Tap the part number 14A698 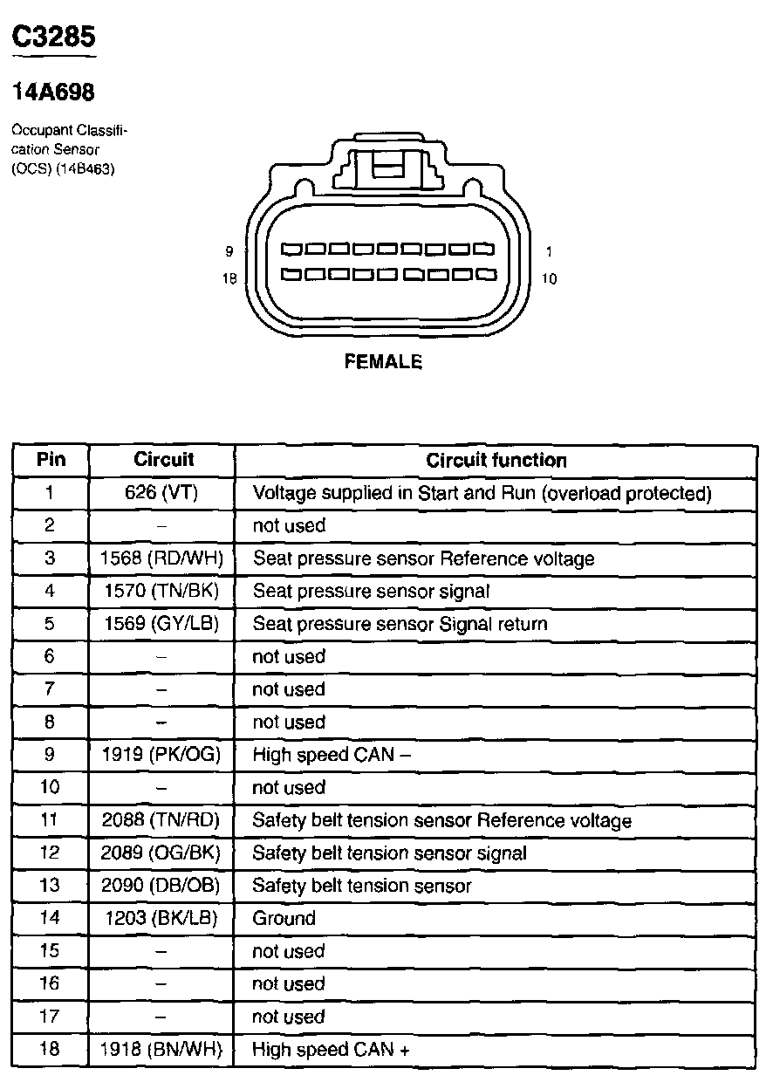(x=53, y=91)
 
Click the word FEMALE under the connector (x=384, y=361)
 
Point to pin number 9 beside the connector (x=229, y=251)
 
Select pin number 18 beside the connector (x=229, y=279)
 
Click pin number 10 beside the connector (x=549, y=279)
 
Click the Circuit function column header (x=496, y=461)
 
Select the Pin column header (x=51, y=460)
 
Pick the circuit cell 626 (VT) (x=162, y=493)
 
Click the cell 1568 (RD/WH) (x=162, y=558)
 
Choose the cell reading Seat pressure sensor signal (x=372, y=591)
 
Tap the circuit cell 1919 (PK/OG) (x=162, y=755)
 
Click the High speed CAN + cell (x=331, y=1050)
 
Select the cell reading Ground (x=284, y=918)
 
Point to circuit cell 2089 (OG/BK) (x=162, y=853)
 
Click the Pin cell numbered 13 (x=50, y=886)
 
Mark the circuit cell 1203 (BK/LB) (x=162, y=918)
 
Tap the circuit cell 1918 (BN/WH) (x=162, y=1050)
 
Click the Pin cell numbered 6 (x=50, y=656)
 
